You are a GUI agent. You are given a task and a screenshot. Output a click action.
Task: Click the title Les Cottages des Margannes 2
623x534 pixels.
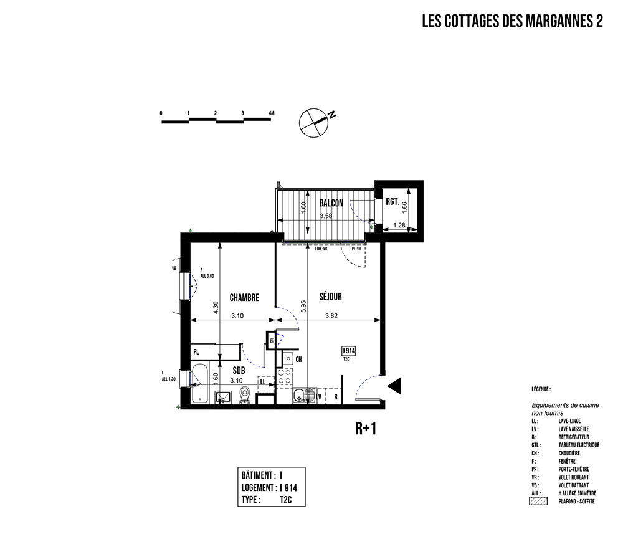pyautogui.click(x=512, y=22)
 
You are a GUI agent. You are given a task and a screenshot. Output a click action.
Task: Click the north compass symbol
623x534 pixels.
pyautogui.click(x=313, y=122)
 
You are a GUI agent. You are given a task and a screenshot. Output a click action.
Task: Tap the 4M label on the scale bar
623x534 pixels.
pyautogui.click(x=271, y=113)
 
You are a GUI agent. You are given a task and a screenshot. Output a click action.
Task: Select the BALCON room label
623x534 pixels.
pyautogui.click(x=331, y=203)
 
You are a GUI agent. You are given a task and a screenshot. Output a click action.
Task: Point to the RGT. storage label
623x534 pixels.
pyautogui.click(x=392, y=201)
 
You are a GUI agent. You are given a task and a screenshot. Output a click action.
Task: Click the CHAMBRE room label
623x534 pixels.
pyautogui.click(x=244, y=297)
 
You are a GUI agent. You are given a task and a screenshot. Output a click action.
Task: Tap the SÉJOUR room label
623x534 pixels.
pyautogui.click(x=331, y=297)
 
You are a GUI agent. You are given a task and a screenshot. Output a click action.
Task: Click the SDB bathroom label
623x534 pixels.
pyautogui.click(x=239, y=370)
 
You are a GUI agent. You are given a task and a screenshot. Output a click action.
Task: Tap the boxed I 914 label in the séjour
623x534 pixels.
pyautogui.click(x=348, y=350)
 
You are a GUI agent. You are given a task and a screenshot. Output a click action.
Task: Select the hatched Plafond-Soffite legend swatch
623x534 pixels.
pyautogui.click(x=538, y=500)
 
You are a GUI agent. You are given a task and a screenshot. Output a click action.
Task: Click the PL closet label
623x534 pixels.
pyautogui.click(x=196, y=352)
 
